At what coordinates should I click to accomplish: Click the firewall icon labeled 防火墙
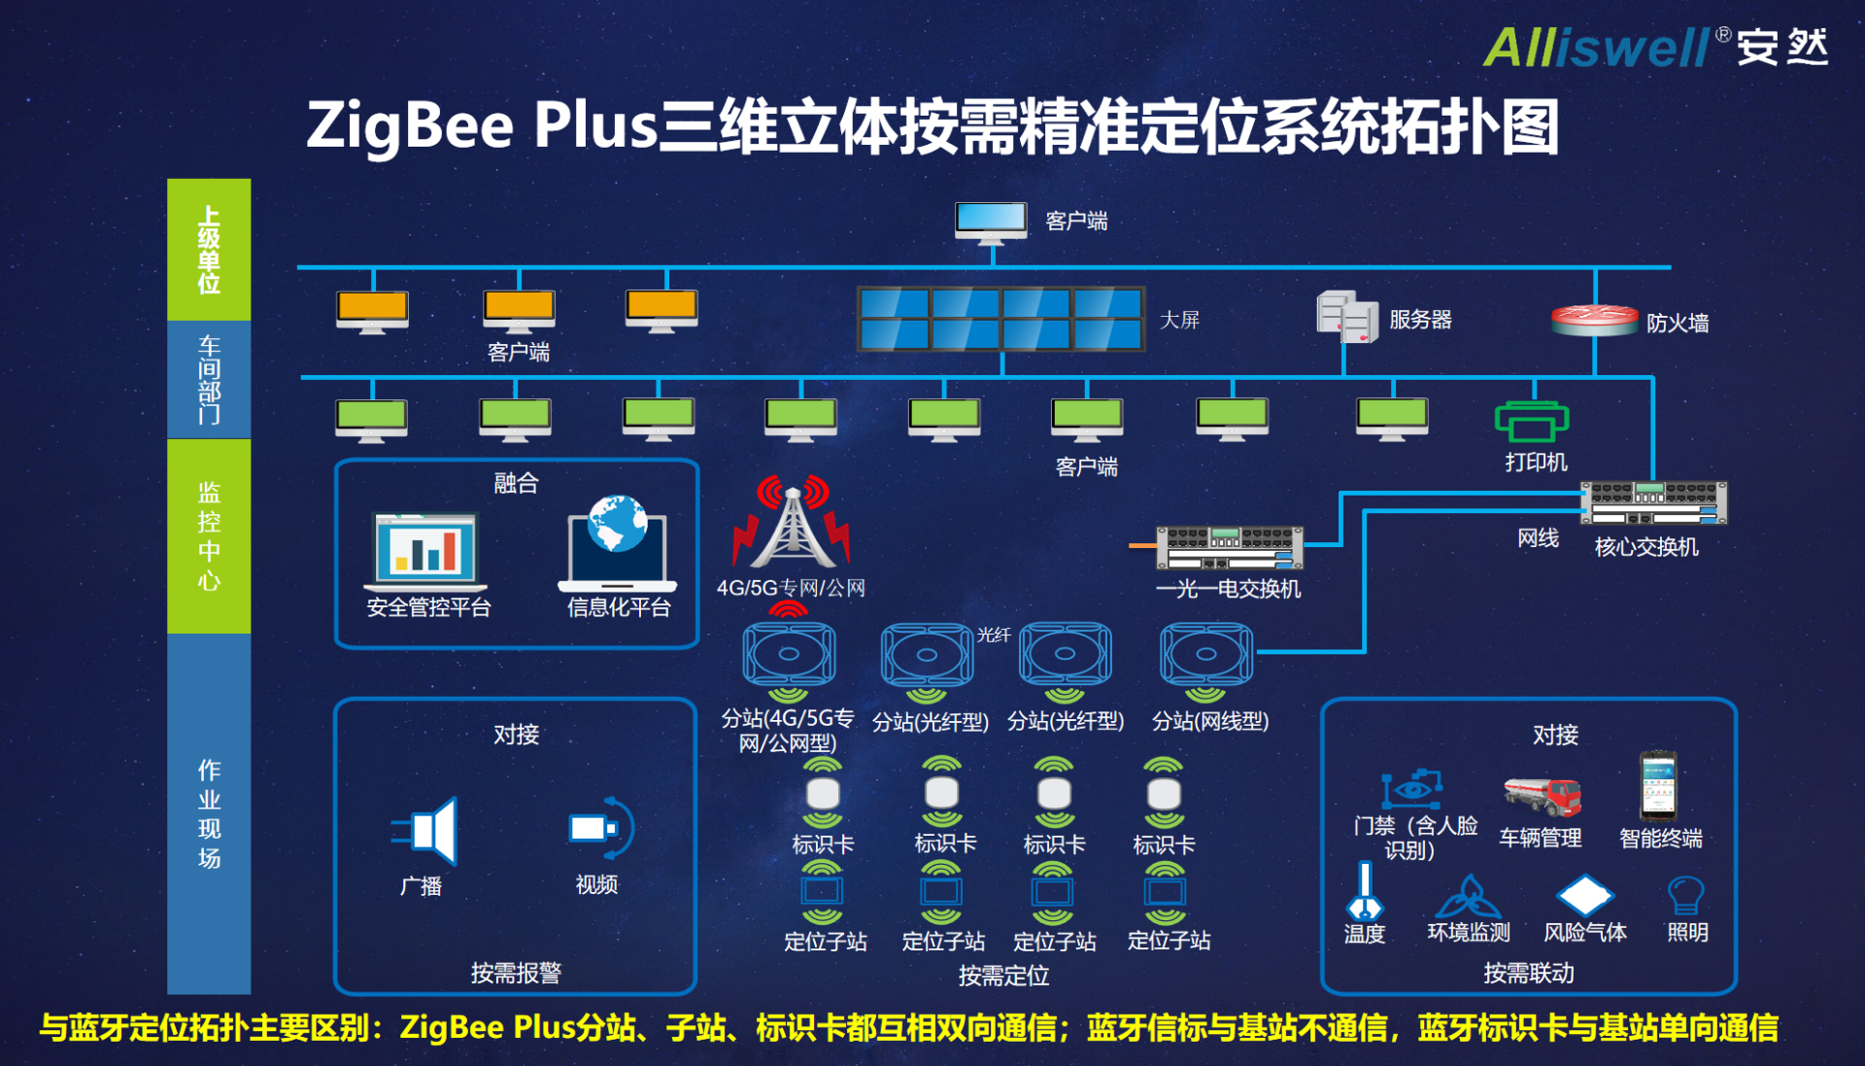pos(1594,320)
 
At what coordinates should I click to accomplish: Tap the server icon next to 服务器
pos(1347,317)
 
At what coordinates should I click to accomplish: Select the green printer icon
pos(1532,422)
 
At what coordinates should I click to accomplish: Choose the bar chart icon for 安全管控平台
pos(425,552)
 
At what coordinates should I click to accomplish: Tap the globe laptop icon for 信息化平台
pos(617,543)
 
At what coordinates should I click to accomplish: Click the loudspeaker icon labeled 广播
pos(424,831)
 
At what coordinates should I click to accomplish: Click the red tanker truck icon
pos(1542,796)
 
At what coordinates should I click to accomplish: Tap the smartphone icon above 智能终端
pos(1658,786)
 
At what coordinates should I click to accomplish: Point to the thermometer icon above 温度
pos(1365,892)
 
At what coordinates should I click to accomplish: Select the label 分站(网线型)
pos(1210,721)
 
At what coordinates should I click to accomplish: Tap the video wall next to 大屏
pos(1001,319)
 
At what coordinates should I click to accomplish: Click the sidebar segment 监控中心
pos(209,536)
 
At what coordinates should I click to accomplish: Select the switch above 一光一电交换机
pos(1229,548)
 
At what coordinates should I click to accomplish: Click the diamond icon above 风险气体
pos(1584,895)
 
